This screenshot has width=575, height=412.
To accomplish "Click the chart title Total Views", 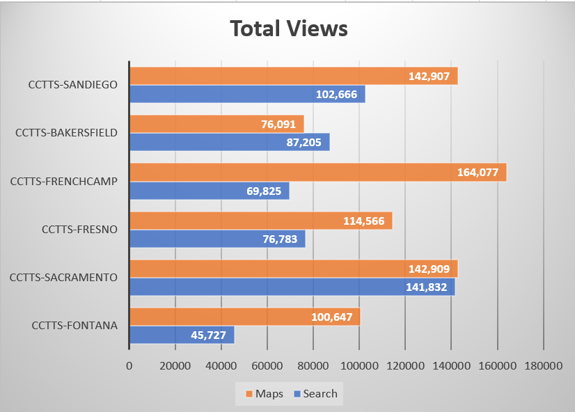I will click(288, 29).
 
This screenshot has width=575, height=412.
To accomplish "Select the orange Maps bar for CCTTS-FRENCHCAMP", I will click(278, 172).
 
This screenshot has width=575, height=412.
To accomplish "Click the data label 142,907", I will click(430, 77).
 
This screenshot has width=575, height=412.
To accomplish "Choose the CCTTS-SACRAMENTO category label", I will click(63, 278).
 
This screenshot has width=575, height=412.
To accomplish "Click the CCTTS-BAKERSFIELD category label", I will click(66, 132).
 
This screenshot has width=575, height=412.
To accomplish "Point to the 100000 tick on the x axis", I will click(359, 365).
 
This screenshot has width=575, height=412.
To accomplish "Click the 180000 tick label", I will click(543, 365).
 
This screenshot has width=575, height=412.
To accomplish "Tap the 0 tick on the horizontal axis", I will click(129, 365).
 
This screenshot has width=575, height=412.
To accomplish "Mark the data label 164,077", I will click(478, 173).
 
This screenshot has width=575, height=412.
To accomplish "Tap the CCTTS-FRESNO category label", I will click(79, 229).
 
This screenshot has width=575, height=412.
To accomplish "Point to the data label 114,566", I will click(364, 221).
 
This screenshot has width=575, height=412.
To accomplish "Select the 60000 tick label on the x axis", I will click(267, 365).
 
